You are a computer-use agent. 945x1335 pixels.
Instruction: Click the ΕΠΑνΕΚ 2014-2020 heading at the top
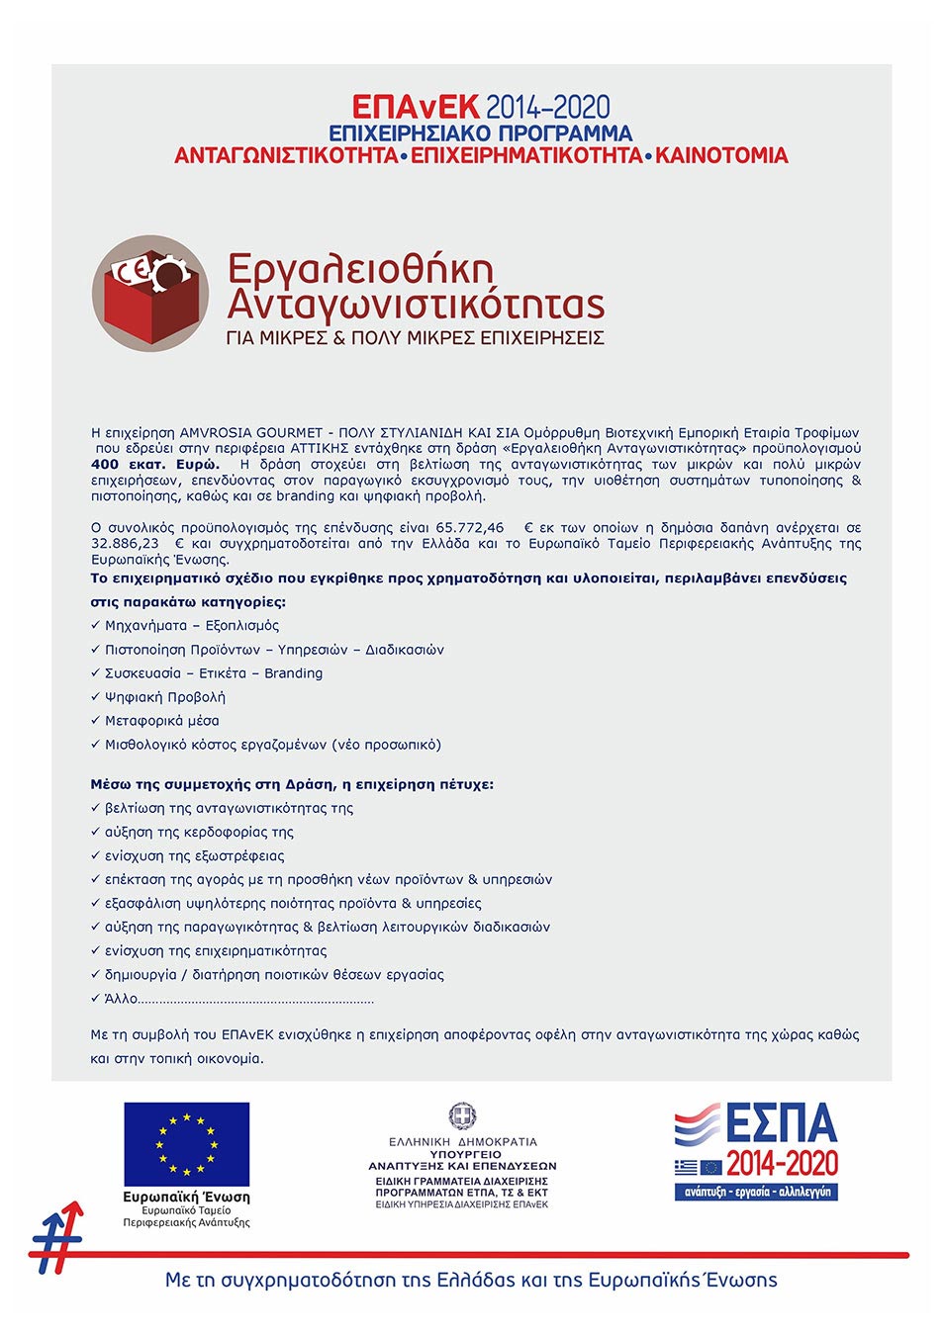[x=481, y=107]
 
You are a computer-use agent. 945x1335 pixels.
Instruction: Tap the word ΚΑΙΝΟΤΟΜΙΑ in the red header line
[x=721, y=156]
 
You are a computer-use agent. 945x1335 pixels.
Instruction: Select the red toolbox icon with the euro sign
[x=150, y=294]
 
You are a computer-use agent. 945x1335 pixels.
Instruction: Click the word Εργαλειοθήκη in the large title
[x=360, y=269]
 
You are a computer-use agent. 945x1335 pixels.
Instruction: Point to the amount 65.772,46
[x=469, y=528]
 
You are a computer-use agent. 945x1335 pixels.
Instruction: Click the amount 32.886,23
[x=125, y=544]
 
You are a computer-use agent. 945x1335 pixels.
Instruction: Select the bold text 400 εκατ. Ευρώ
[x=155, y=465]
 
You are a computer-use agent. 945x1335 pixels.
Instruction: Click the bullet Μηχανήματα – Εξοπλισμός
[x=192, y=626]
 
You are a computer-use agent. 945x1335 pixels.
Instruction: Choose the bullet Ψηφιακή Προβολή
[x=165, y=697]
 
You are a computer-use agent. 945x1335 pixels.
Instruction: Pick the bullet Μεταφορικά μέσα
[x=162, y=721]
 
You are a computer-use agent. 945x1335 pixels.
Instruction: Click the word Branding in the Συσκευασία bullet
[x=293, y=673]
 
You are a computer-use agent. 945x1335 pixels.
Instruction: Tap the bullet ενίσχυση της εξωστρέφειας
[x=194, y=856]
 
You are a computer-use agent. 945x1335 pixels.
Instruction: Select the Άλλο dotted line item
[x=237, y=999]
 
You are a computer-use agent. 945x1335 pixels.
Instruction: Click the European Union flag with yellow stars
[x=186, y=1144]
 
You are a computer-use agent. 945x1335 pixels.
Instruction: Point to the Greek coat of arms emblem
[x=462, y=1116]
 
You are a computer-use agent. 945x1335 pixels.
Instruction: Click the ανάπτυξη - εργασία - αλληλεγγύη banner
[x=757, y=1192]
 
